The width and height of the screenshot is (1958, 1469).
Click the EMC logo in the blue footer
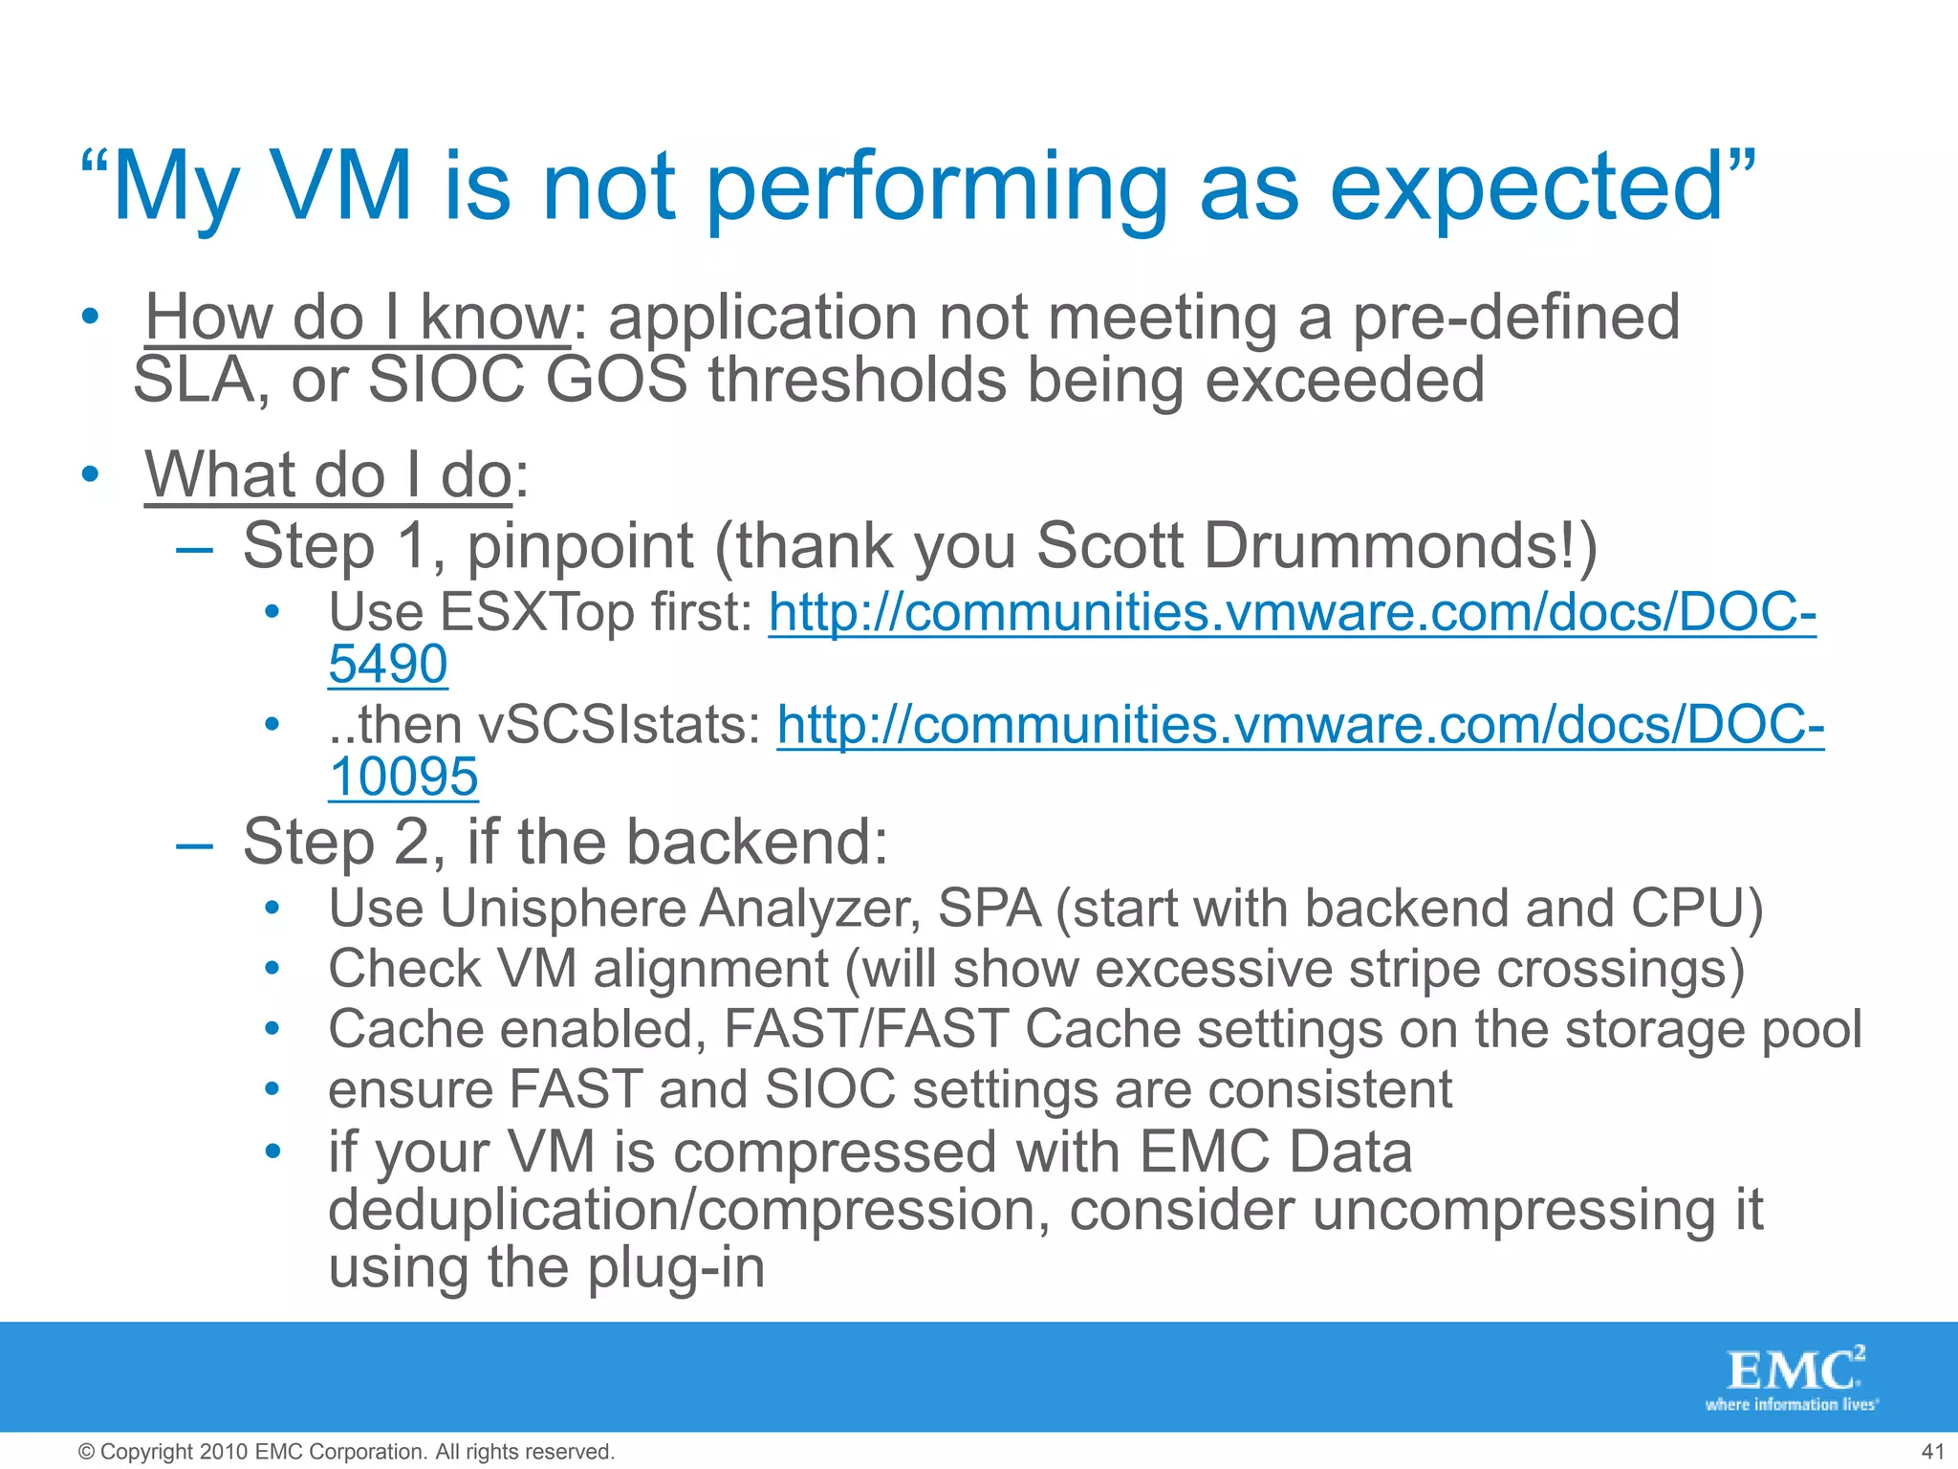pos(1794,1377)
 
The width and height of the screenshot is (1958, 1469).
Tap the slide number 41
pos(1932,1452)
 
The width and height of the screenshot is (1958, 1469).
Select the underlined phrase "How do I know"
pos(358,318)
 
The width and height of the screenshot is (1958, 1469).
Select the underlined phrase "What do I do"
pos(329,474)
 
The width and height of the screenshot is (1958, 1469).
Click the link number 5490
pos(387,664)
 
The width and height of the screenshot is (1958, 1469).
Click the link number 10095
pos(402,776)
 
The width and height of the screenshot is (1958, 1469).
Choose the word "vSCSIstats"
pos(618,725)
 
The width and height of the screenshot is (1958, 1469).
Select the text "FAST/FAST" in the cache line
pos(866,1029)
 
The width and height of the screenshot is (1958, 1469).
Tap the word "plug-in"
pos(675,1267)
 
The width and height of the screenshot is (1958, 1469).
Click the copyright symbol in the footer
pos(86,1452)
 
